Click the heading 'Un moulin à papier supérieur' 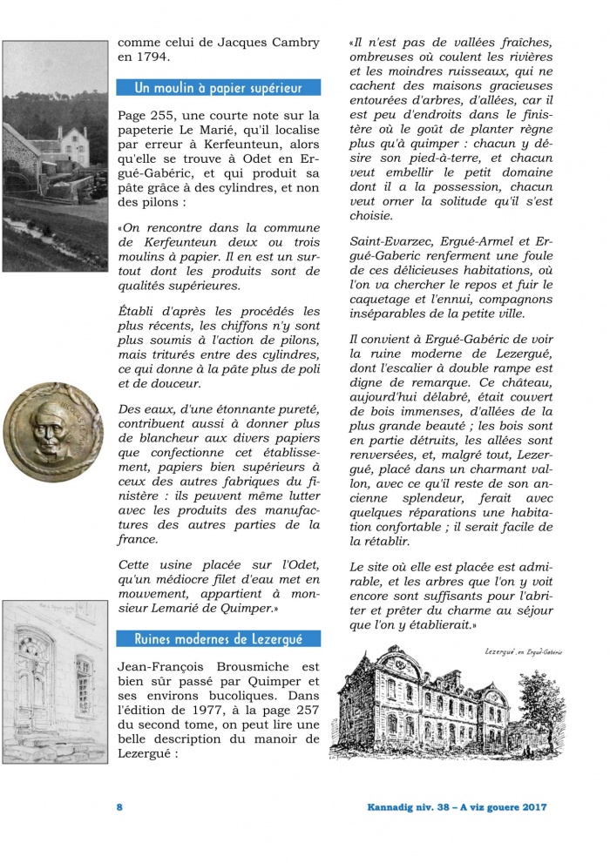[219, 87]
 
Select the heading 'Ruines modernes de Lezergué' [219, 638]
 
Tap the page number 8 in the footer [120, 807]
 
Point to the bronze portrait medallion [53, 432]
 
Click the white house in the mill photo [70, 145]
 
